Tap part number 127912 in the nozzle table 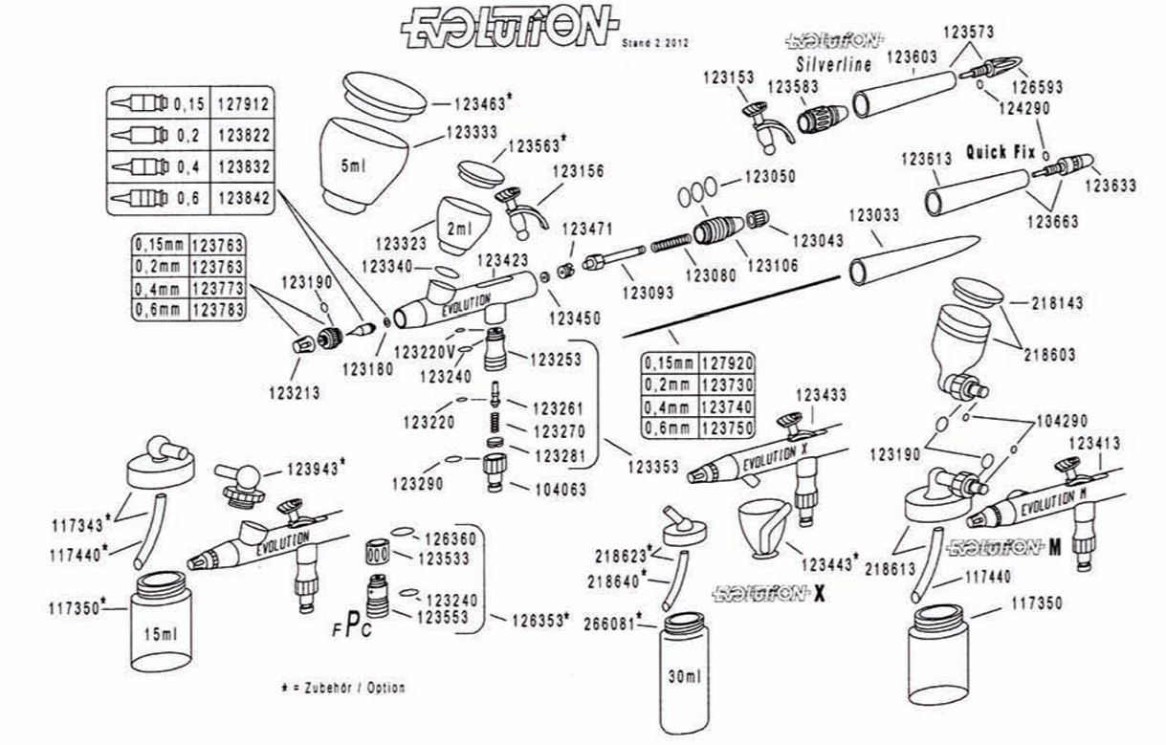pyautogui.click(x=244, y=102)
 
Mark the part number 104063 pyautogui.click(x=558, y=489)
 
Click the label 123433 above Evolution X pyautogui.click(x=821, y=394)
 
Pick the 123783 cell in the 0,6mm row pyautogui.click(x=217, y=309)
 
